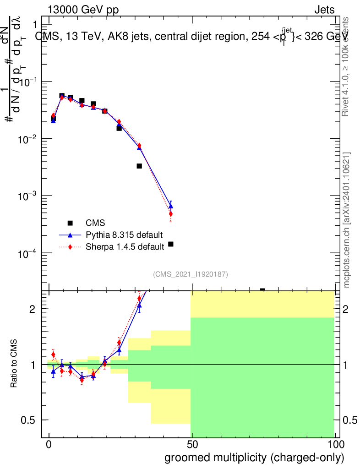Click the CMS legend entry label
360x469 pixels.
[x=95, y=223]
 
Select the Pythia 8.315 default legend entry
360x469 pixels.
[x=124, y=235]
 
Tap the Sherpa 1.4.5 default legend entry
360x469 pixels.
[x=125, y=247]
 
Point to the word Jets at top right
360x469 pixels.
[x=324, y=10]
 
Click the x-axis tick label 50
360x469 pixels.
[x=192, y=445]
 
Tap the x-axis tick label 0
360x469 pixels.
[x=49, y=445]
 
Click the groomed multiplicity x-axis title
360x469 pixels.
[x=254, y=458]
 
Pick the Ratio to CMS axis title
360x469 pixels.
[x=15, y=364]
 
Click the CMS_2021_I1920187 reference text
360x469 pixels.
[x=190, y=274]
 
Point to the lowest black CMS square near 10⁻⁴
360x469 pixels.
[x=171, y=244]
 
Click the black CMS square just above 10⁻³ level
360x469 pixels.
[x=139, y=166]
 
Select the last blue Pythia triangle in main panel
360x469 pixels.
[x=171, y=206]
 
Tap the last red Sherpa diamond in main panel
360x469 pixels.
[x=171, y=214]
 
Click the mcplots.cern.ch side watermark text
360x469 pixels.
[x=347, y=220]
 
